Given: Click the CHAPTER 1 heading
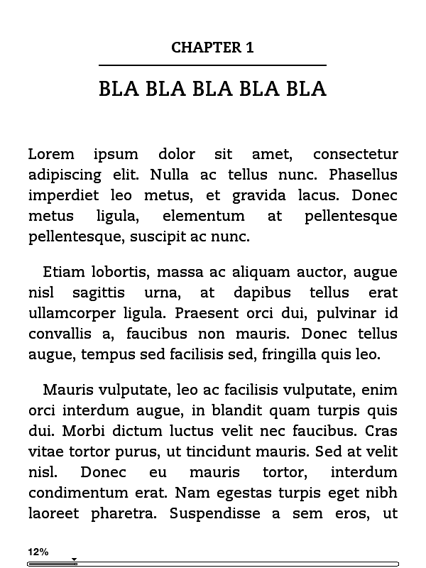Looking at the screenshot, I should [x=212, y=48].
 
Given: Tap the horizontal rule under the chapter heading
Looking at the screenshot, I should [x=212, y=65].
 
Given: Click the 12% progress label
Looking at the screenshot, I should [x=38, y=552].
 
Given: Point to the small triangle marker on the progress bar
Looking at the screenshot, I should [x=74, y=559].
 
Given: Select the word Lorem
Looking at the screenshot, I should [x=51, y=154].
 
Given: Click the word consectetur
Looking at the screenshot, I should [x=355, y=154].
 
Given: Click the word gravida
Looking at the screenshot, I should [x=257, y=195].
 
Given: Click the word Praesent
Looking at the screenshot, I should [x=207, y=313].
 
